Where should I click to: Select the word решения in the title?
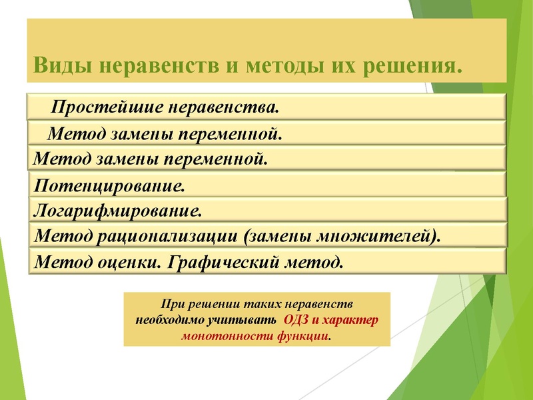pos(410,67)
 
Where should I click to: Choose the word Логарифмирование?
pos(117,211)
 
